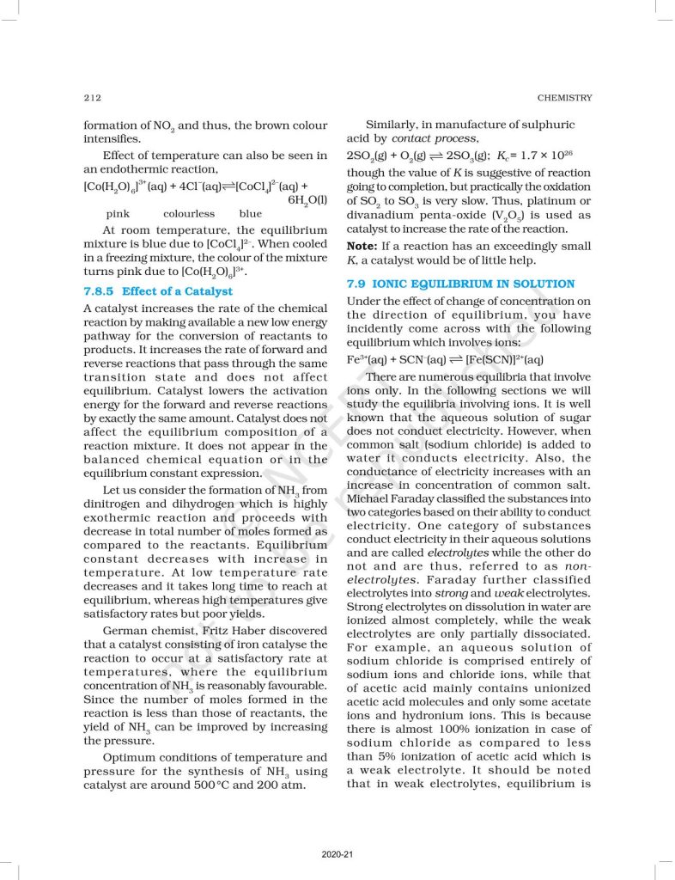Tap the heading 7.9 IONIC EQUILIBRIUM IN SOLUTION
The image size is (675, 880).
[460, 284]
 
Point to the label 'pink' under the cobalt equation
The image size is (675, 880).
[119, 214]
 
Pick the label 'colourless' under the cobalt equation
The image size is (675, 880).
[189, 214]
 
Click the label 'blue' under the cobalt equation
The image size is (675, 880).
[251, 214]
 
